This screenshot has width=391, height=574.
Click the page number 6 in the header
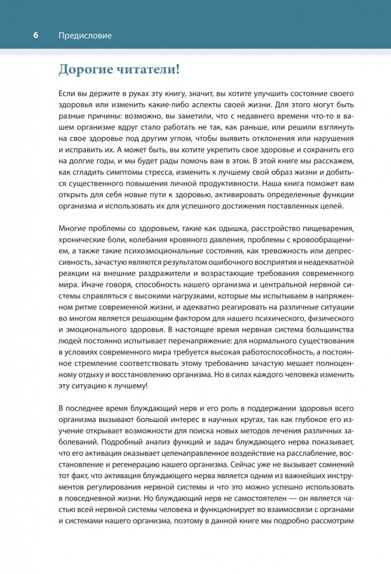[x=36, y=36]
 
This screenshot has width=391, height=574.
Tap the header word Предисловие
[x=85, y=36]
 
